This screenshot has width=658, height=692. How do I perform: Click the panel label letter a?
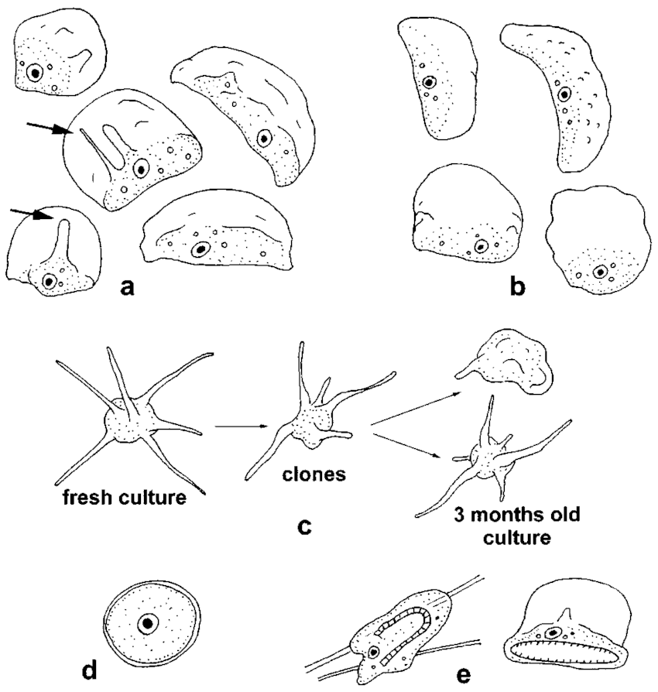tap(129, 288)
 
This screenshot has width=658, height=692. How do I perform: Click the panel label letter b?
tap(516, 288)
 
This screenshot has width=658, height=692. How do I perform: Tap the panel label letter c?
tap(304, 526)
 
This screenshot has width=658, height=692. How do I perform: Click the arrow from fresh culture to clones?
tap(242, 425)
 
